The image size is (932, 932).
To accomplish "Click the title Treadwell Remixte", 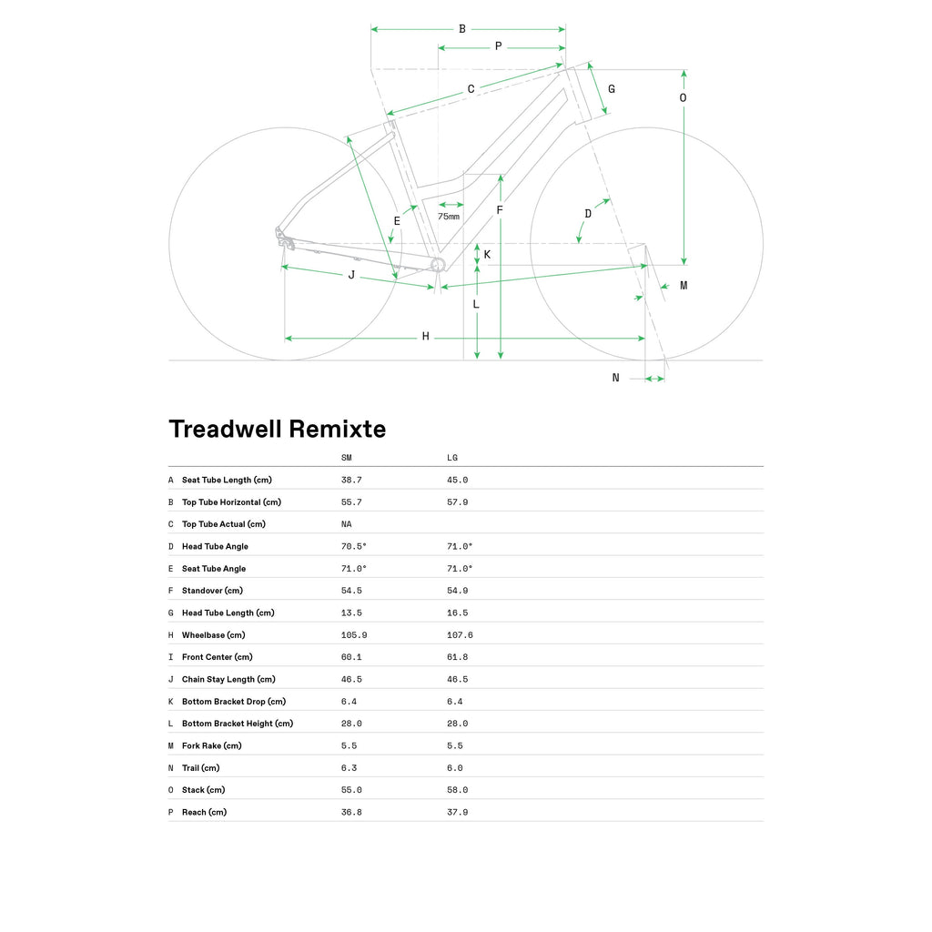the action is tap(278, 430).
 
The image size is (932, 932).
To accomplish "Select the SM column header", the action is tap(347, 458).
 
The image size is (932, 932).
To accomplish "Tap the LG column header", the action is tap(452, 458).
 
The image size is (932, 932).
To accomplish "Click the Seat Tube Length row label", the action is tap(227, 480).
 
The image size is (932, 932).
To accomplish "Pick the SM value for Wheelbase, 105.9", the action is tap(354, 634).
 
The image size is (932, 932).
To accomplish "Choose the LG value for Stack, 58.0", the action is tap(458, 790).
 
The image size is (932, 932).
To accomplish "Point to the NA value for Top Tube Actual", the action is tap(347, 524).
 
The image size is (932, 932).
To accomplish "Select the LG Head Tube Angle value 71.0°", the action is tap(460, 546).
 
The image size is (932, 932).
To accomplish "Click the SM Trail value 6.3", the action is tap(349, 768).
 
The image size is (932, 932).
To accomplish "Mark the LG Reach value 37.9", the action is tap(458, 812).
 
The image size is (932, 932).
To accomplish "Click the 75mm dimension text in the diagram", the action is tap(449, 217).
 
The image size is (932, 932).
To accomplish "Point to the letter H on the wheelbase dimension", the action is tap(426, 337).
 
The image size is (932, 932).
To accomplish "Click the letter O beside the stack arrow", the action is tap(683, 97).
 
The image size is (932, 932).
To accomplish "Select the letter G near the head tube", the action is tap(612, 89).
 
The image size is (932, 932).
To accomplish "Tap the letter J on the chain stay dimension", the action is tap(351, 275).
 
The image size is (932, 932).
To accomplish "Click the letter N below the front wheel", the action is tap(616, 378).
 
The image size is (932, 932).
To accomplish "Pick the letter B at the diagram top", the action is tap(461, 28).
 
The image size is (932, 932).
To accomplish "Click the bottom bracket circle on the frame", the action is tap(438, 265).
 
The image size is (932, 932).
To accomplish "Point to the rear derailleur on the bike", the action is tap(285, 240).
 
